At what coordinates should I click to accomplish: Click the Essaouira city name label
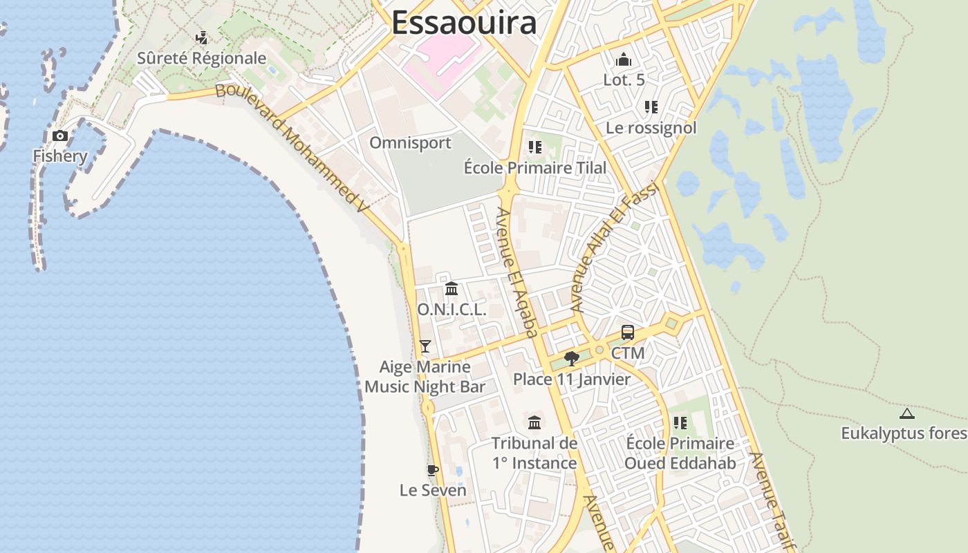coord(464,22)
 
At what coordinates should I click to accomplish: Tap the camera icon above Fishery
coord(60,135)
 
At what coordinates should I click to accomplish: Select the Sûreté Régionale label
coord(201,58)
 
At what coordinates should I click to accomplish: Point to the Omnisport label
coord(410,143)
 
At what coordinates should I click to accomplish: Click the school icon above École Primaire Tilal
coord(534,147)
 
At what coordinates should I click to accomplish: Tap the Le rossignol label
coord(651,128)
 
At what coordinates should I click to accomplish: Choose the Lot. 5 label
coord(624,79)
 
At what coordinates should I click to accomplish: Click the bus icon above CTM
coord(627,332)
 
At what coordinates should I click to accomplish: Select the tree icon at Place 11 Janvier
coord(571,358)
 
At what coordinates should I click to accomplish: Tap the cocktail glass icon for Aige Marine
coord(425,346)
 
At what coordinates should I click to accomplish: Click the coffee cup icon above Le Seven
coord(432,470)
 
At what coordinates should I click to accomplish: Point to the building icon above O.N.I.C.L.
coord(452,288)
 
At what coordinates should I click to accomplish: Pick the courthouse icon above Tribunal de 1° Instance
coord(534,422)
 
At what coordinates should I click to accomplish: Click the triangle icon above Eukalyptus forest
coord(906,413)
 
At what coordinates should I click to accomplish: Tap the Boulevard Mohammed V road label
coord(292,147)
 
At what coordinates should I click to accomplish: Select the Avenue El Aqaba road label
coord(517,273)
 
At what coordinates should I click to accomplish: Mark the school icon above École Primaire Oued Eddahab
coord(680,422)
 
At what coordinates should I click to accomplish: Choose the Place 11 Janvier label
coord(571,379)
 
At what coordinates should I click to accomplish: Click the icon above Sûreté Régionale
coord(201,37)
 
